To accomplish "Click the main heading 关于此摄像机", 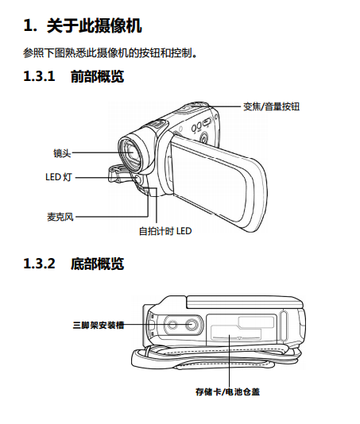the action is pos(95,26).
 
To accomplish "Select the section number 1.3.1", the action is pos(39,76).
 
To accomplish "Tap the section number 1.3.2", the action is pos(39,264).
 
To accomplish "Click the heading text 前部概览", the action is pos(98,76).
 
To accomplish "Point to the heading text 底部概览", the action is pos(98,264).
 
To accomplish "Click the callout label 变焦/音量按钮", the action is pos(271,106).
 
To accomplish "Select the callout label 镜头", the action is pos(62,153).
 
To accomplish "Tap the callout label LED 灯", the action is pos(59,177).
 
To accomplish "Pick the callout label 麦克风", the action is pos(60,217).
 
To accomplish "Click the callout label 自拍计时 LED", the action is pos(165,231).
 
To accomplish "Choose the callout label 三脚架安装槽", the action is pos(99,325).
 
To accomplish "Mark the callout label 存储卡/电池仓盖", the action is pos(227,391).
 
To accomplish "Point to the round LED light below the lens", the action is pos(137,179).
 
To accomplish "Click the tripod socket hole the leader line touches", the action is pos(192,325).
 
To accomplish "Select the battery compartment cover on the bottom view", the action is pos(242,329).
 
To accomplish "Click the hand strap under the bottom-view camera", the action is pos(216,357).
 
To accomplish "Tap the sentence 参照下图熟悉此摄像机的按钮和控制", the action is pos(110,52).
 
